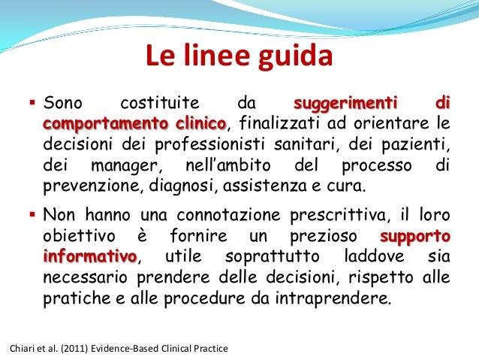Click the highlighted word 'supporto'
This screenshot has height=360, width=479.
point(416,236)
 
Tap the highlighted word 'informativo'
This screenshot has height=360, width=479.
point(90,257)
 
